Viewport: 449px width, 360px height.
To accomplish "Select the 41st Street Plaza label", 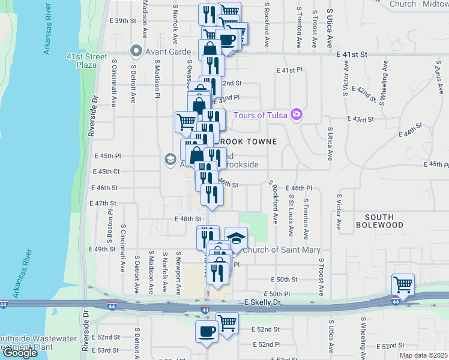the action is click(x=82, y=60).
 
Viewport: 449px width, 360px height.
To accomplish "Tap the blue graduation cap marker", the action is click(x=236, y=238).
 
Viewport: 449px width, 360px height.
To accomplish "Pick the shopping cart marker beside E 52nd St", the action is click(x=228, y=324).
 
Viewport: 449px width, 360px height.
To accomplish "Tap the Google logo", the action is click(x=20, y=353).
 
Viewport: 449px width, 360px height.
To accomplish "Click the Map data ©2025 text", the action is click(x=423, y=355).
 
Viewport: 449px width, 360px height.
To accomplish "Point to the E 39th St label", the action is click(x=124, y=20).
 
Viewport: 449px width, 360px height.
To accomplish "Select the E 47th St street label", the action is click(x=103, y=203).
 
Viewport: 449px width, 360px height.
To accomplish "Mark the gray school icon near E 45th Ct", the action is click(x=170, y=159).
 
